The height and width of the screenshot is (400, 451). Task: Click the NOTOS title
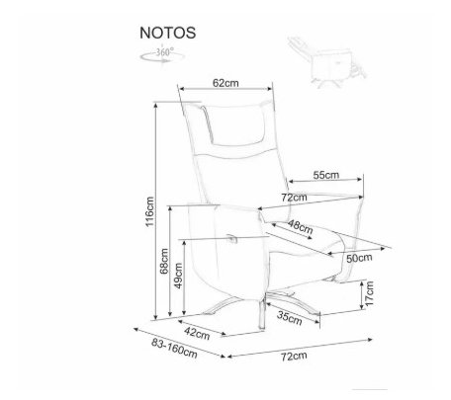tap(167, 33)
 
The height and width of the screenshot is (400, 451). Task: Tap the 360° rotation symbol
tap(162, 55)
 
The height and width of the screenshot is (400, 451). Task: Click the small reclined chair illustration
tap(327, 62)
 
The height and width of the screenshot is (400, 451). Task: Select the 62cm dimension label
tap(225, 83)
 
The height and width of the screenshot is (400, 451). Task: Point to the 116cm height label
tap(149, 211)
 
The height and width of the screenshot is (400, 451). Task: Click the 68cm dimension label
tap(164, 261)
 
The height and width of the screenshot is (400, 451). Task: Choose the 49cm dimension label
tap(178, 276)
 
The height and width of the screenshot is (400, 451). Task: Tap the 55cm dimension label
tap(326, 175)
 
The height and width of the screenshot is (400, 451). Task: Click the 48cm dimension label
tap(300, 226)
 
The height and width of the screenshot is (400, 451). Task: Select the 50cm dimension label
tap(359, 258)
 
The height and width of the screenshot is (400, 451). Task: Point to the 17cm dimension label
tap(370, 293)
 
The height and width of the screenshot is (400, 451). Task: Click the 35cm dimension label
tap(289, 318)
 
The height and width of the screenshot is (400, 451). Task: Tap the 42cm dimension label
tap(197, 333)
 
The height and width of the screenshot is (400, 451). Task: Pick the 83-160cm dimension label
tap(174, 349)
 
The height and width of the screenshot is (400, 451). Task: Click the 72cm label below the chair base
tap(294, 356)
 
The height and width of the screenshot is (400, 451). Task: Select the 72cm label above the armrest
tap(294, 198)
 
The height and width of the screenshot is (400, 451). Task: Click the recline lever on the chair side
tap(232, 239)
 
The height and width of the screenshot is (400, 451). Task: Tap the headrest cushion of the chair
tap(235, 124)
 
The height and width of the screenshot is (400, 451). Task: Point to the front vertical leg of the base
tap(261, 313)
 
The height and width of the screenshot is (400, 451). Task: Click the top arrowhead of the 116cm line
tap(155, 105)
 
